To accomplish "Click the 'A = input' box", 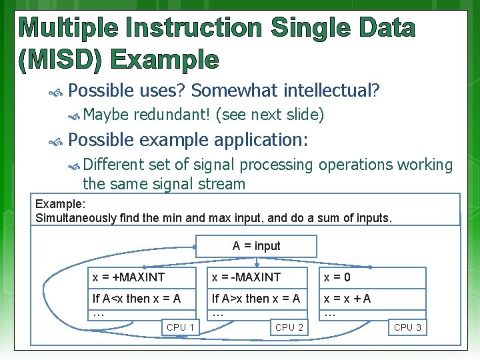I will click(x=256, y=246).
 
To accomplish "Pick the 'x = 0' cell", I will click(x=373, y=277).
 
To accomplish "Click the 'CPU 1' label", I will click(x=181, y=327).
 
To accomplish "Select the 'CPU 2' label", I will click(x=289, y=327).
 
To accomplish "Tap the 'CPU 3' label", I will click(x=407, y=327).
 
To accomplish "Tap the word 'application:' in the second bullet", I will click(x=261, y=140).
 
